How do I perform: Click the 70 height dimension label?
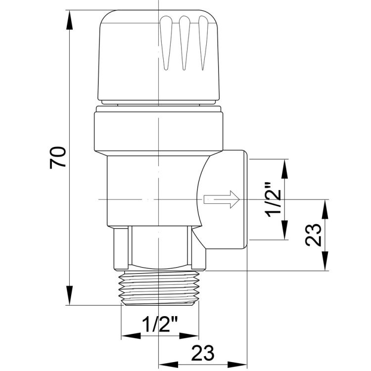(x=57, y=158)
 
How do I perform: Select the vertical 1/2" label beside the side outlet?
(x=274, y=200)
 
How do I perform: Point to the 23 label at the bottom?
(x=202, y=353)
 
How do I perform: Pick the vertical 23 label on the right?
(x=314, y=235)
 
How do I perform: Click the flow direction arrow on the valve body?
(x=222, y=199)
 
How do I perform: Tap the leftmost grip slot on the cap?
(x=166, y=43)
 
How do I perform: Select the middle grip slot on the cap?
(x=185, y=43)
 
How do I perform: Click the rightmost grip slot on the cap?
(x=203, y=43)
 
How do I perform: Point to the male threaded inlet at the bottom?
(x=159, y=288)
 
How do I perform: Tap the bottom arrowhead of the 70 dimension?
(x=69, y=295)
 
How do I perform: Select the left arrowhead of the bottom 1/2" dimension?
(x=131, y=336)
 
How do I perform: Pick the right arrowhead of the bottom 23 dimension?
(x=237, y=365)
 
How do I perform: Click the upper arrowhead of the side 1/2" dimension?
(x=284, y=169)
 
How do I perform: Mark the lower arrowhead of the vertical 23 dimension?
(x=326, y=261)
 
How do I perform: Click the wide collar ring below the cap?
(x=158, y=132)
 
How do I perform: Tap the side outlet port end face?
(x=245, y=199)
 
